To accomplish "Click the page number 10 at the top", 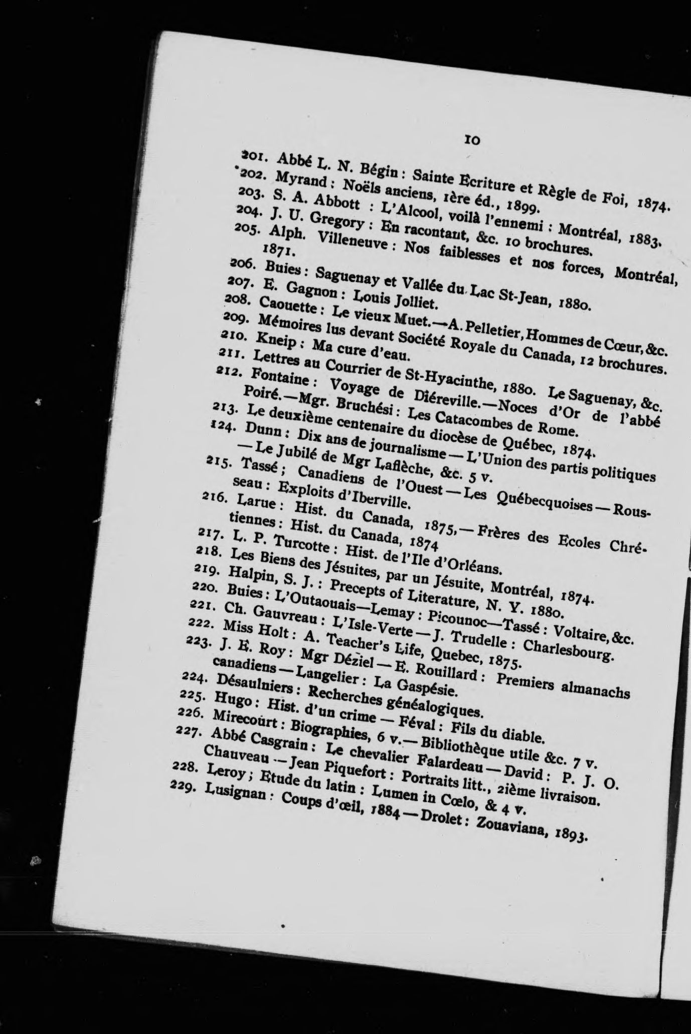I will (x=473, y=140).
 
